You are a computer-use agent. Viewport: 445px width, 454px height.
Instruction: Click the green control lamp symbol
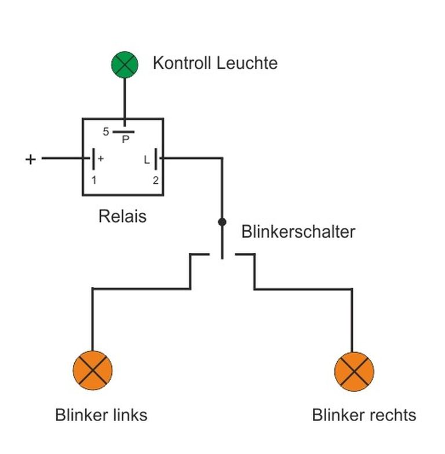pos(125,64)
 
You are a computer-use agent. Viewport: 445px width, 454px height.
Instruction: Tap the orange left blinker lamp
pos(93,371)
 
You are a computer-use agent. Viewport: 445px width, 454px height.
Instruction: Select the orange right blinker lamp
pos(354,372)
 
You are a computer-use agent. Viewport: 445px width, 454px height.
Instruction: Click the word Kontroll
pos(182,63)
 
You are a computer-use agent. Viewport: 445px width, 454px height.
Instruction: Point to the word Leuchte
pos(247,63)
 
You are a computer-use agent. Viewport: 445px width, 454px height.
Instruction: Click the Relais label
pos(122,216)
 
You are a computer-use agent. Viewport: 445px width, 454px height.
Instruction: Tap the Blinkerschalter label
pos(298,231)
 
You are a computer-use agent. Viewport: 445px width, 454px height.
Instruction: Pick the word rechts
pos(393,415)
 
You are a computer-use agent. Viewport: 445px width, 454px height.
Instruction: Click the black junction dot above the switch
pos(222,222)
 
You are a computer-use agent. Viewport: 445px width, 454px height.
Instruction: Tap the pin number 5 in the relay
pos(106,132)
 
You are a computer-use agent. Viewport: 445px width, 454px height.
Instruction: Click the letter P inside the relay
pos(126,140)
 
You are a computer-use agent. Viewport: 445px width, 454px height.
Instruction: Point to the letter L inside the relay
pos(147,159)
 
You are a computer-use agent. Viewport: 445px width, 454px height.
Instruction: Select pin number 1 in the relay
pos(94,180)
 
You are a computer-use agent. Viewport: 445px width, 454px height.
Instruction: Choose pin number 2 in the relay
pos(156,180)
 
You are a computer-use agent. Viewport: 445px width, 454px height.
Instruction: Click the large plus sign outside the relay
pos(31,159)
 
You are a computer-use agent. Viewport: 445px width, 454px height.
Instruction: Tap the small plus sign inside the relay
pos(101,159)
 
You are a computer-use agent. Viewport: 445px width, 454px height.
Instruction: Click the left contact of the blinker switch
pos(200,254)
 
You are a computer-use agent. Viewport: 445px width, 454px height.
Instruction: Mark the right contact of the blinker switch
pos(245,254)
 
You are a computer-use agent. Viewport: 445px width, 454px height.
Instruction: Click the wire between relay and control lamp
pos(125,102)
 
